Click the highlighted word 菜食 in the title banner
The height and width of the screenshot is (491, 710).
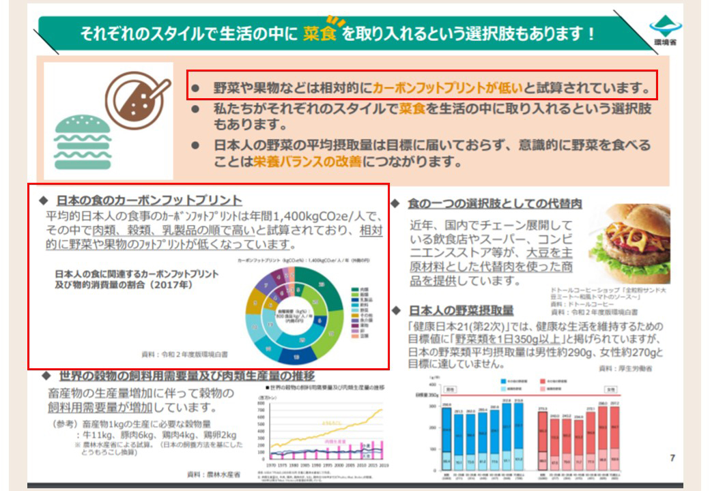[320, 34]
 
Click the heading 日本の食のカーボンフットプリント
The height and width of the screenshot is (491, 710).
[149, 200]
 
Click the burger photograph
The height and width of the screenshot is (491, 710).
[629, 243]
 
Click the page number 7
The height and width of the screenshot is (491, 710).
[672, 458]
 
